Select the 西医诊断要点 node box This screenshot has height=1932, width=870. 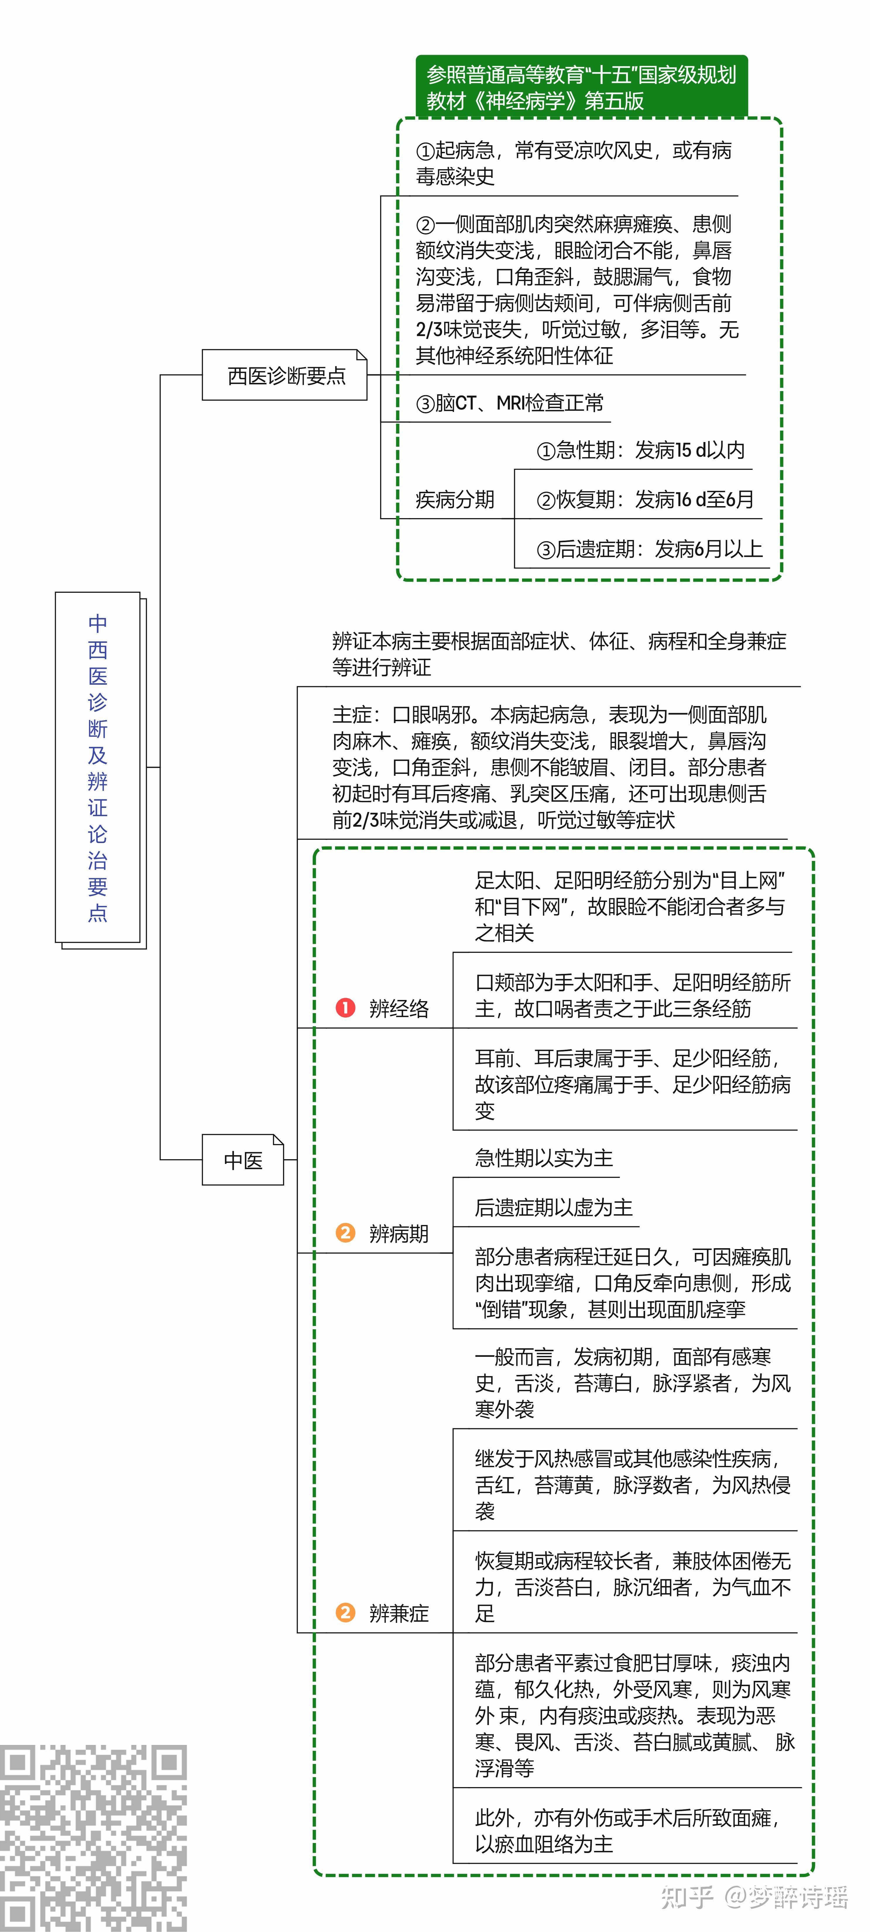click(x=285, y=375)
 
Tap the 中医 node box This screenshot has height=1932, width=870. click(x=243, y=1160)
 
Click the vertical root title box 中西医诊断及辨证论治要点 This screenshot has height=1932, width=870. click(x=98, y=768)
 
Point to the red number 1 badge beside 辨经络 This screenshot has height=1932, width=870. click(x=345, y=1007)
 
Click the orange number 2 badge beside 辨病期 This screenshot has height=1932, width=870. click(x=345, y=1233)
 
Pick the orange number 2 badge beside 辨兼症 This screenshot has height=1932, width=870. click(x=345, y=1613)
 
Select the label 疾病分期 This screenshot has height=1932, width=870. click(x=455, y=499)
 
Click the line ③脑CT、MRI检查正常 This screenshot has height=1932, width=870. click(x=510, y=403)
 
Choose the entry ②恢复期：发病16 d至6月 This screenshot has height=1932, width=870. click(x=645, y=499)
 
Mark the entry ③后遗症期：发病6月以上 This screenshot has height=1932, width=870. click(x=649, y=549)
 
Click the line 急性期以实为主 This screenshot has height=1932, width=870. click(x=544, y=1158)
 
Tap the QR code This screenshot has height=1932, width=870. click(x=93, y=1837)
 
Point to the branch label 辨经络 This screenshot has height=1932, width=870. click(x=399, y=1008)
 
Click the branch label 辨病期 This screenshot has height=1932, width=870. click(x=399, y=1234)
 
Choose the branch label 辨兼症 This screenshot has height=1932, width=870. click(x=399, y=1613)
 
